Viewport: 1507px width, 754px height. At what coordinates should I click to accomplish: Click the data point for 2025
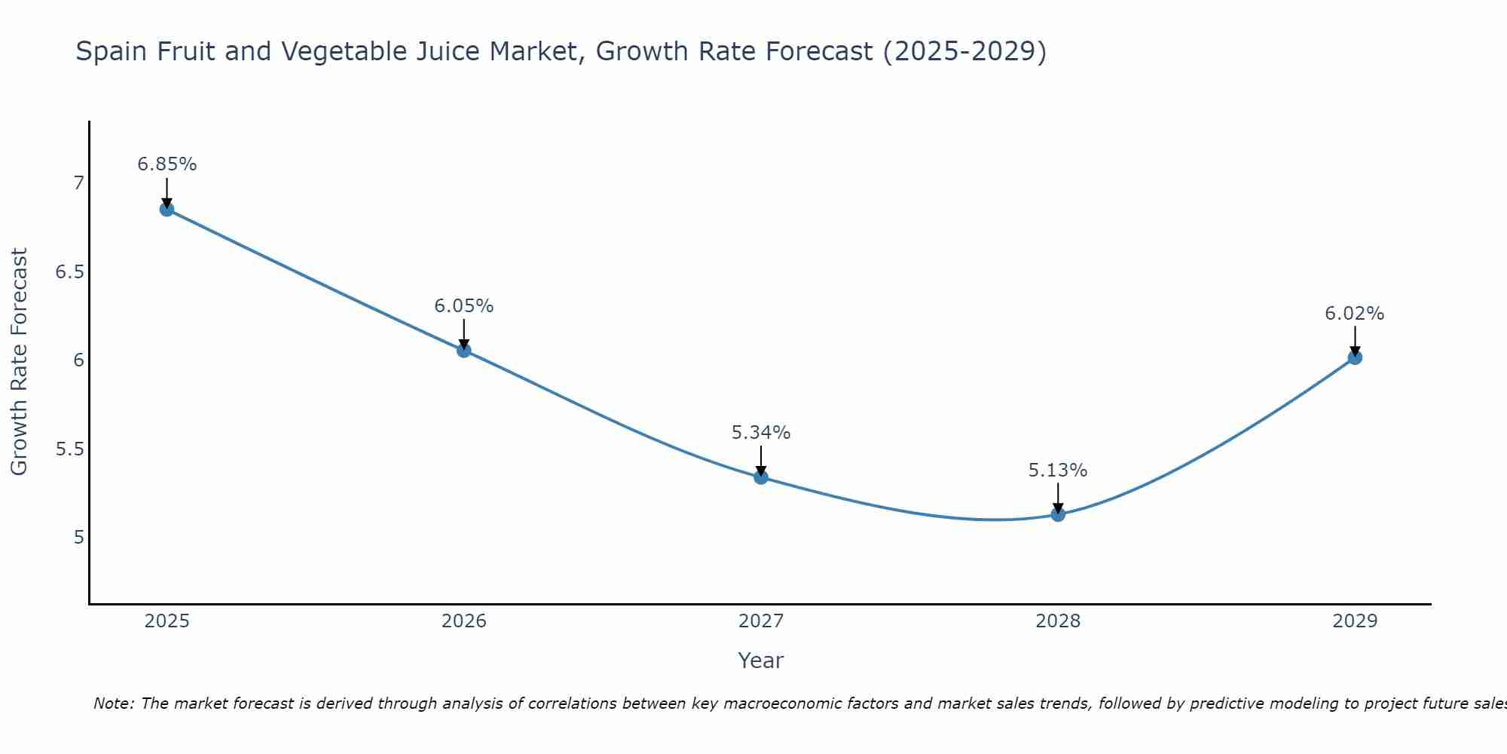[x=167, y=209]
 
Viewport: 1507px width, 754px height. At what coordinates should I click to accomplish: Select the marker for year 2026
[x=463, y=350]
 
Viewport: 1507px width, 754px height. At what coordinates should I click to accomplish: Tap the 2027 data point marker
[x=760, y=477]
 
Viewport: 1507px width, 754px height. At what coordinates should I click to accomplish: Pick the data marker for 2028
[x=1057, y=514]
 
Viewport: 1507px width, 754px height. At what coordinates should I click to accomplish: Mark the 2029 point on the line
[x=1354, y=357]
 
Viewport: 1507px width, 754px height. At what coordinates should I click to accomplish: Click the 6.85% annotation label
[x=167, y=164]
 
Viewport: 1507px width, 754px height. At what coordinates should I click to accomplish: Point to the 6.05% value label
[x=463, y=306]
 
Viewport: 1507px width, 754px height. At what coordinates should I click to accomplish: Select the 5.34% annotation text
[x=760, y=433]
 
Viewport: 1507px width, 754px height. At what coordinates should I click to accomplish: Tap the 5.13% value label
[x=1057, y=470]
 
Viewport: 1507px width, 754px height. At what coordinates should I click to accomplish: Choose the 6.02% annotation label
[x=1354, y=314]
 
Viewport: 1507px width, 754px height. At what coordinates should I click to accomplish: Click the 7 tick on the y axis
[x=78, y=183]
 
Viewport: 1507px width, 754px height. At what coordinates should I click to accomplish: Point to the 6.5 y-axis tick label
[x=69, y=271]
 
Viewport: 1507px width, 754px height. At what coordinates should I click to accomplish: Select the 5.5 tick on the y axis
[x=69, y=449]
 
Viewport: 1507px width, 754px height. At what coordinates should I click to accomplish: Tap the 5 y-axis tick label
[x=78, y=538]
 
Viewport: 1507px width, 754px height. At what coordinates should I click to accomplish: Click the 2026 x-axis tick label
[x=463, y=621]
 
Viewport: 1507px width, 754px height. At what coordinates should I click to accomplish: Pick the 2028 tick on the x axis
[x=1057, y=621]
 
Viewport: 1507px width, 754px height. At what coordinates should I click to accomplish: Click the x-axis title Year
[x=760, y=661]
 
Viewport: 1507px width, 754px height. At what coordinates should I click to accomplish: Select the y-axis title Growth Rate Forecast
[x=19, y=362]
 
